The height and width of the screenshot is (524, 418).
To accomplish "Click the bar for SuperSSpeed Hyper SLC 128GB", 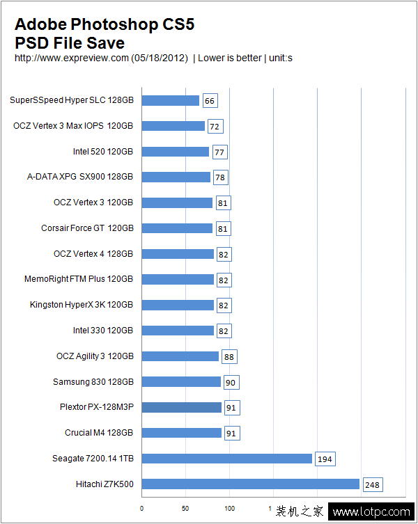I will coord(171,100).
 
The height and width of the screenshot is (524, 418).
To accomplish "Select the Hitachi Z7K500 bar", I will coord(251,484).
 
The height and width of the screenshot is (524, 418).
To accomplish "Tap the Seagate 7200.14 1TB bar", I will coord(227,459).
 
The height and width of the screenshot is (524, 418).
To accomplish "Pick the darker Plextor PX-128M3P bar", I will coord(182,407).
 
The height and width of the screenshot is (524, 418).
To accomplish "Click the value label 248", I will coord(373,484).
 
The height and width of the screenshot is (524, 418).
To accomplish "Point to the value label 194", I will coord(325,459).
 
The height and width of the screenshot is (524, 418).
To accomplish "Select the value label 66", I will coord(210,101).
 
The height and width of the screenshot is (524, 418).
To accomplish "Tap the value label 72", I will coord(215,127).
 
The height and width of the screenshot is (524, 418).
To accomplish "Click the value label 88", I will coord(229,356).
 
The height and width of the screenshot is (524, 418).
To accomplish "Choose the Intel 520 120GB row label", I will coord(102,152).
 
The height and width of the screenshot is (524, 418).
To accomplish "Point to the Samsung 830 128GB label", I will coord(93,381).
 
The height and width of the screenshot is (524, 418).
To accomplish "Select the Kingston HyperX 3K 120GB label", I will coord(81,305).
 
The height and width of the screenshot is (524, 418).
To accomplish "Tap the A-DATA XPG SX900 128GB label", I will coord(79,177).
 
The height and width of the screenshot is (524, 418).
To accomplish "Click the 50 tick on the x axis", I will coord(185,509).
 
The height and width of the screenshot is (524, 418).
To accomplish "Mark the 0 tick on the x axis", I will coord(142,509).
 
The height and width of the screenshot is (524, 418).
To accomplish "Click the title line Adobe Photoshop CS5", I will coord(104,25).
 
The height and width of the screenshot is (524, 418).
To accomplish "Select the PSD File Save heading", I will coord(70,42).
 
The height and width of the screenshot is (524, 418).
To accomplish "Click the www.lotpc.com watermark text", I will coord(371,512).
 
